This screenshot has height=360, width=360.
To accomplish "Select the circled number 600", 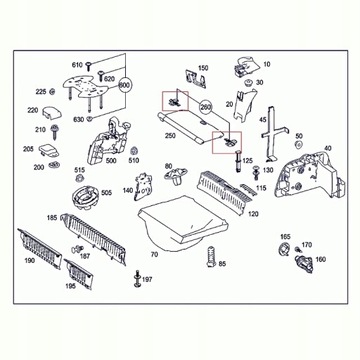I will [126, 86].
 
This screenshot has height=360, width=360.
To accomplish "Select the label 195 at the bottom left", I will [69, 286].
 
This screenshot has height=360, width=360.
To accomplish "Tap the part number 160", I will [320, 260].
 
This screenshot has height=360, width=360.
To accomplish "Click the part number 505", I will [106, 193].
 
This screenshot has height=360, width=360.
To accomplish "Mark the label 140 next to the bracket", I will [128, 189].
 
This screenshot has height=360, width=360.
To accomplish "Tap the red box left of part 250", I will [173, 101].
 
